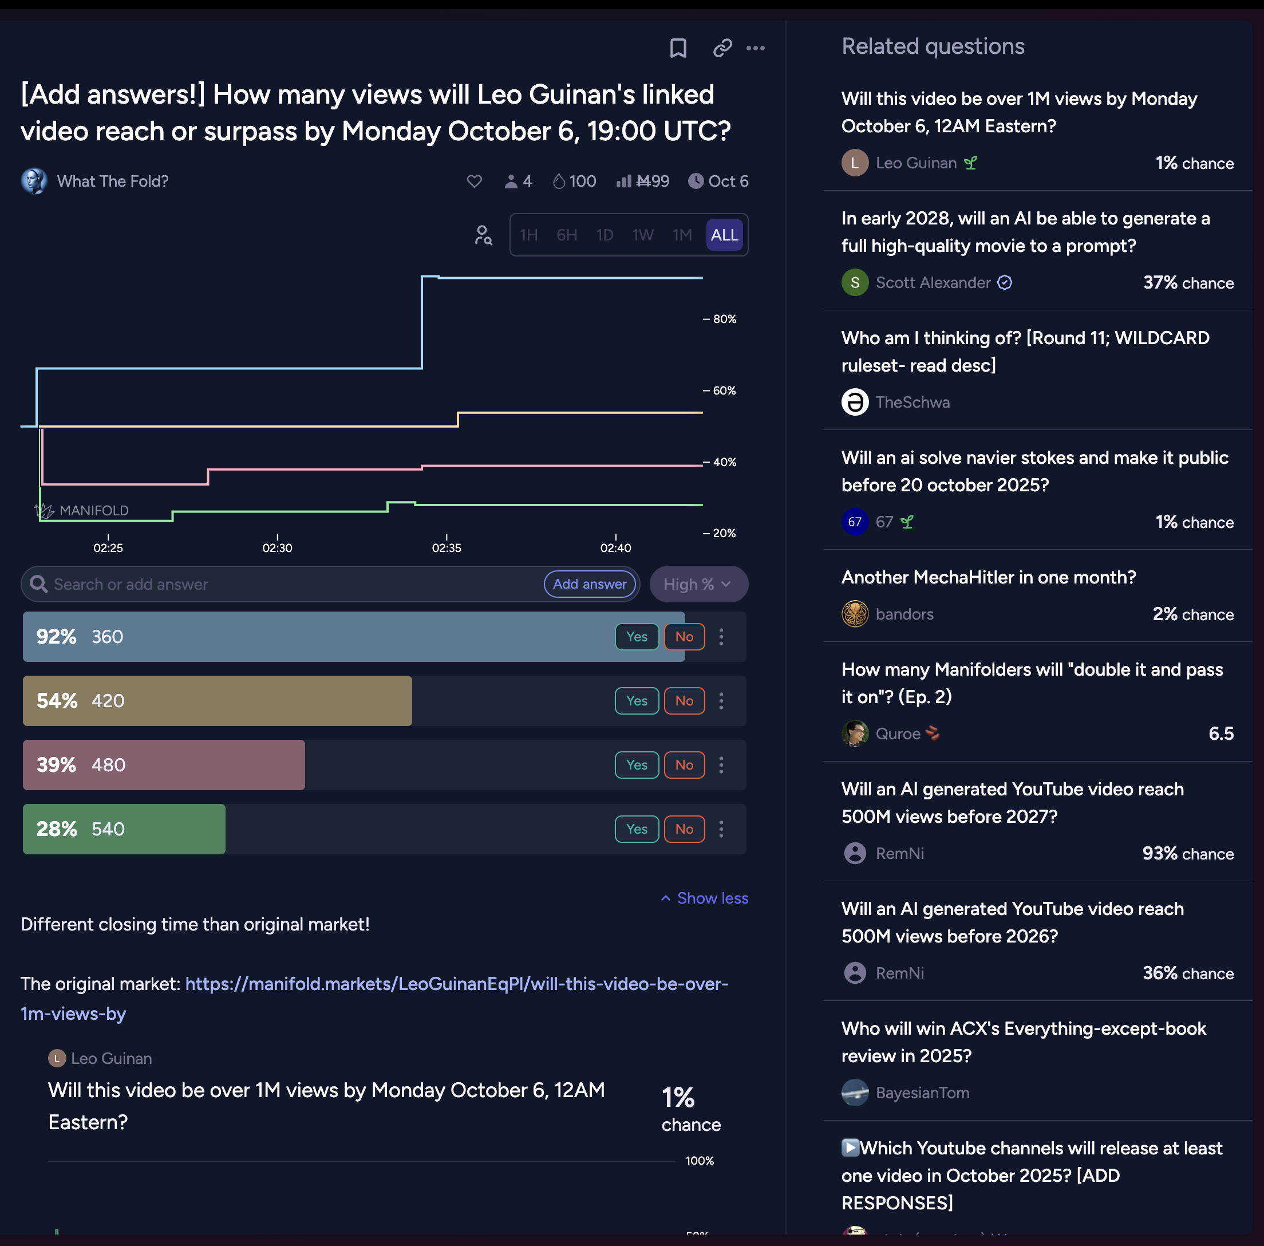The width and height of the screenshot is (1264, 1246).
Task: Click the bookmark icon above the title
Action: [x=678, y=48]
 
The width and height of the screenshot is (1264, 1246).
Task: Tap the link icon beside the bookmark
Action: [x=722, y=48]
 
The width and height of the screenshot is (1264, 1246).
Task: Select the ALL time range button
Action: [x=724, y=235]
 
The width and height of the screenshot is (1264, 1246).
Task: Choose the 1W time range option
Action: [x=642, y=235]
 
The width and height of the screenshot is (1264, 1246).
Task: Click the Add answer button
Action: [x=590, y=583]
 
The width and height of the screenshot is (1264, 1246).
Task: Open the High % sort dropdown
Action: [x=697, y=583]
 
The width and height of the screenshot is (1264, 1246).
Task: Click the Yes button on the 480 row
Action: [x=636, y=764]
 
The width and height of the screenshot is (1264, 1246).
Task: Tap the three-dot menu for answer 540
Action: [x=721, y=829]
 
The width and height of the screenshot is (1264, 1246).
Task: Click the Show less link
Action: [x=705, y=898]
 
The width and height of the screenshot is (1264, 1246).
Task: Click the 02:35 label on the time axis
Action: [x=446, y=548]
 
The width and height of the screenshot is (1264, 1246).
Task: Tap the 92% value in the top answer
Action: [x=56, y=636]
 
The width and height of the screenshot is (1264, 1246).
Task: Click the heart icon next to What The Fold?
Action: [x=475, y=182]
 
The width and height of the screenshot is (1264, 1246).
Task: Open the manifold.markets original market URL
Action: [x=456, y=984]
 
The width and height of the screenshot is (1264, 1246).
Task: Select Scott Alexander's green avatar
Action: [x=855, y=283]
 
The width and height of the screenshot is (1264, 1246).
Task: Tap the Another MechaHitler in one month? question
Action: [x=988, y=577]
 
